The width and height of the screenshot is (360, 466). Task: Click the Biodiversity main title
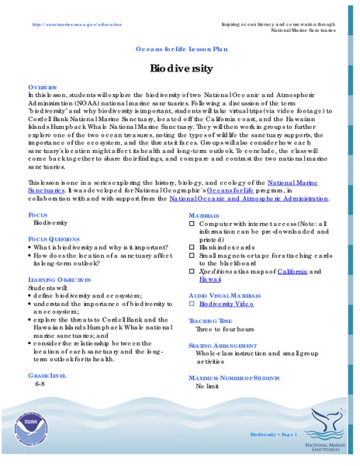[181, 68]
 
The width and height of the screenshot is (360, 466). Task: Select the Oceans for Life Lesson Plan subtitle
[181, 48]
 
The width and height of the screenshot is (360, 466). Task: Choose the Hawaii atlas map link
[209, 280]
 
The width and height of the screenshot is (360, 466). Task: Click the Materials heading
[206, 214]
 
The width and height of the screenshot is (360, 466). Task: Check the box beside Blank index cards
[192, 248]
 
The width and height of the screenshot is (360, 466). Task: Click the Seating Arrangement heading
[222, 344]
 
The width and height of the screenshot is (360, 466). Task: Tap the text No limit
[209, 386]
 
